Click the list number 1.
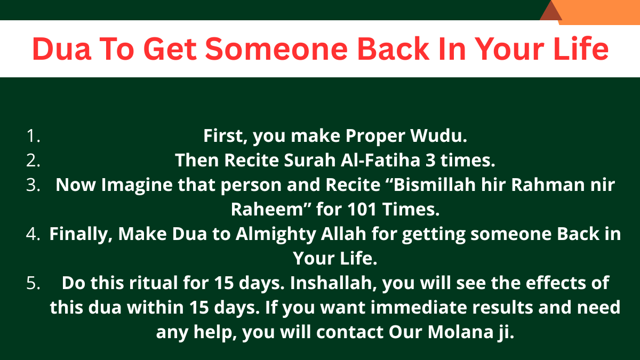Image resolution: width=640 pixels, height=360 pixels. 33,135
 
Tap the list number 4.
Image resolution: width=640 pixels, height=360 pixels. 33,234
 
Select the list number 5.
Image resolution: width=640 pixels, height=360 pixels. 33,283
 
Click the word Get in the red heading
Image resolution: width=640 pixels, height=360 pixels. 170,49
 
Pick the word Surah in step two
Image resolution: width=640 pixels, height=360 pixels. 310,160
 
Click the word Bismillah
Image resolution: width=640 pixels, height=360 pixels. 435,185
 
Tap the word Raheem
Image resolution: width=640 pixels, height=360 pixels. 267,210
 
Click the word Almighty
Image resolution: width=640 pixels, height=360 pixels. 276,234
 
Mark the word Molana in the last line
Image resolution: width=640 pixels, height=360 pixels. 461,332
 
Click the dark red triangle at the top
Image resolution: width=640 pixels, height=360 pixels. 551,11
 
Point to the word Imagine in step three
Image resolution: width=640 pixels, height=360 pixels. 137,185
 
